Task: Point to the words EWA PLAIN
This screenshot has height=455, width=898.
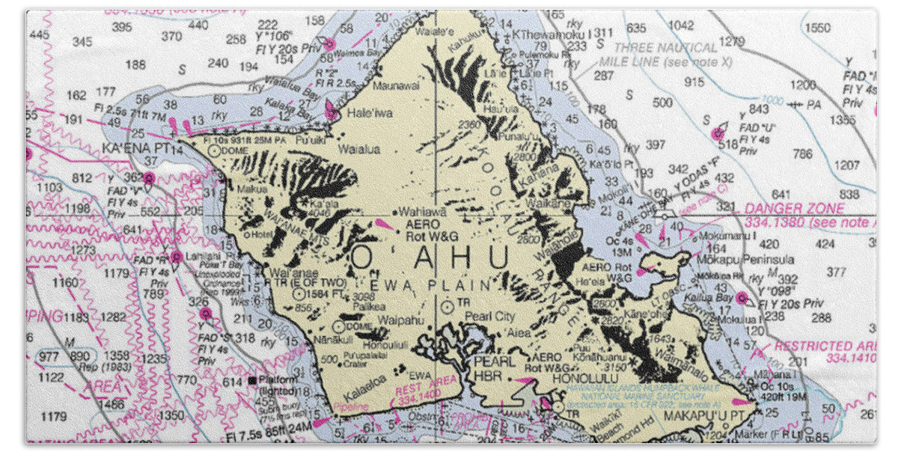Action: (452, 285)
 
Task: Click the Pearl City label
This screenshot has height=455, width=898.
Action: (489, 317)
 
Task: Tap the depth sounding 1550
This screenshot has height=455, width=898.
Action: (817, 28)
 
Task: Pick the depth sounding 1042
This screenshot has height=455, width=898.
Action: (681, 25)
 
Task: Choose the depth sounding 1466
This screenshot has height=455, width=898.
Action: (111, 404)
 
